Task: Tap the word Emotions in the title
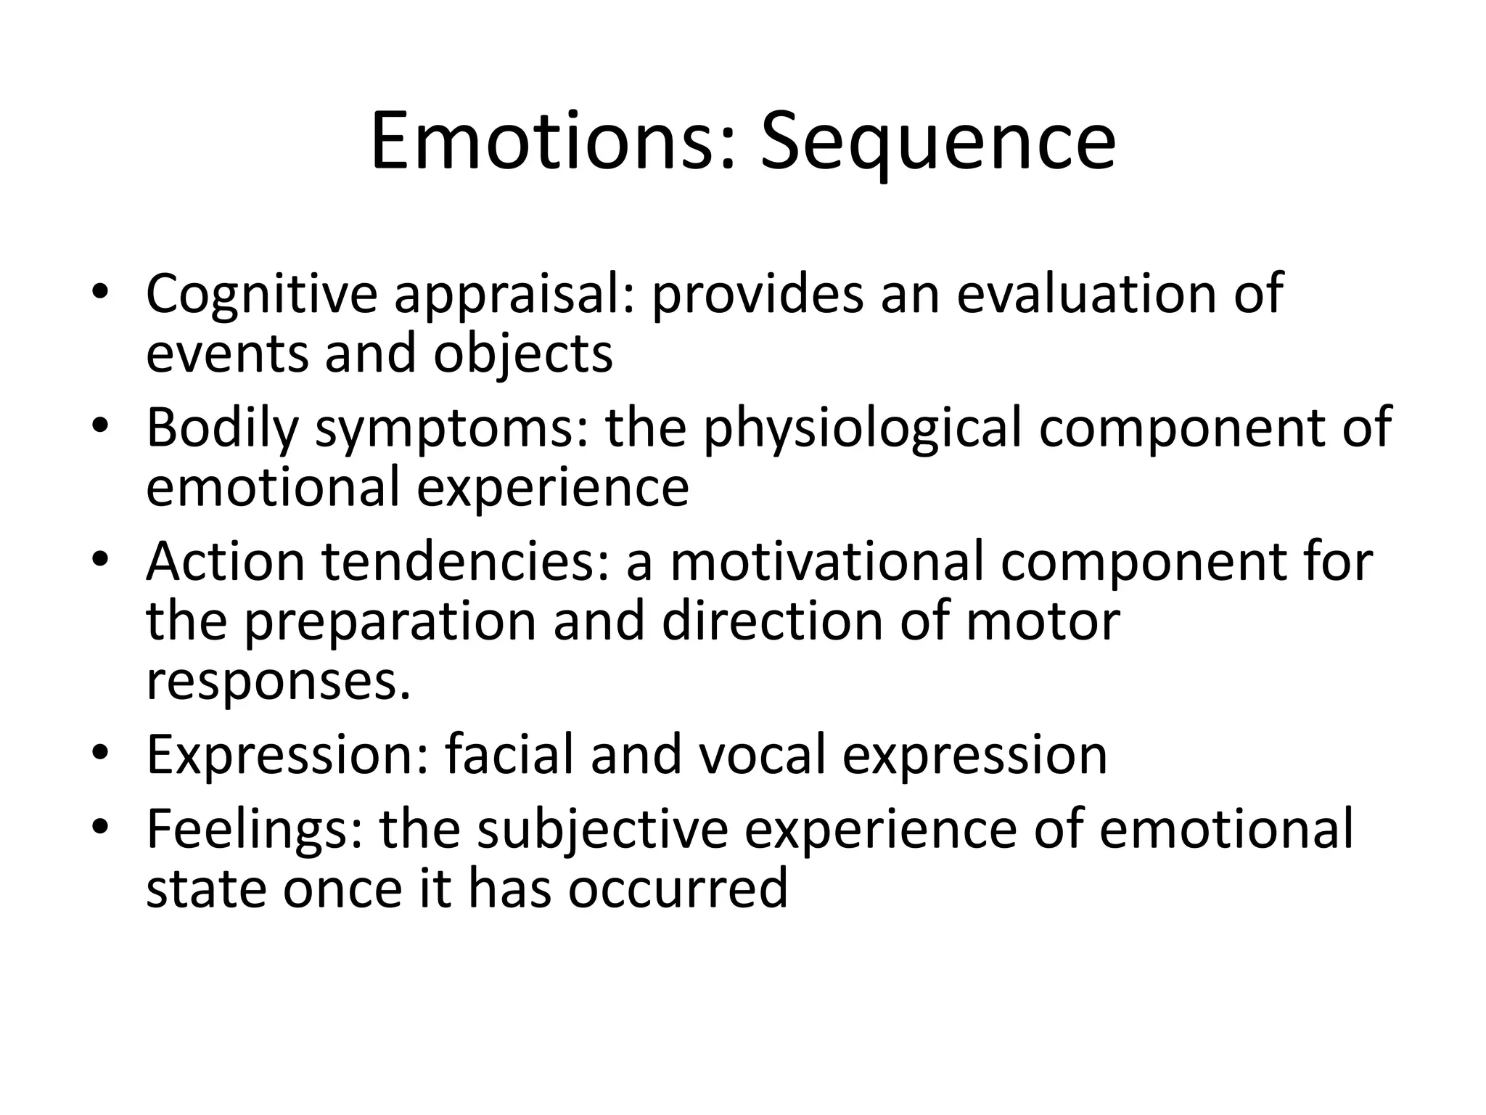tap(553, 142)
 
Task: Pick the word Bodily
tap(222, 428)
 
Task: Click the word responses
tap(278, 683)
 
